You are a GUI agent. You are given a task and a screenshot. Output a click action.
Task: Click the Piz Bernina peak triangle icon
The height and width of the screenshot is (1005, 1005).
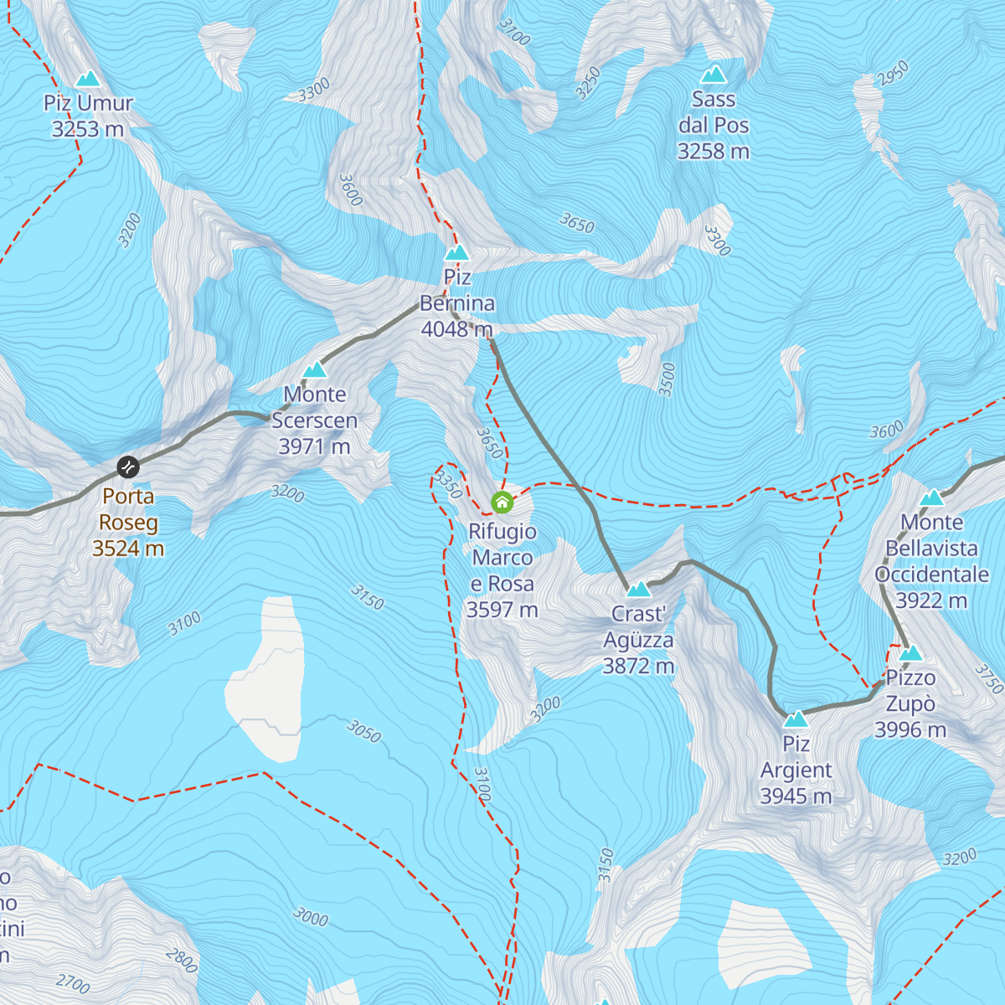[456, 252]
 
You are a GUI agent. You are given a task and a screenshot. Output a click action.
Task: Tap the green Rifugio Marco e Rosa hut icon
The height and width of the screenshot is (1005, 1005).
[502, 502]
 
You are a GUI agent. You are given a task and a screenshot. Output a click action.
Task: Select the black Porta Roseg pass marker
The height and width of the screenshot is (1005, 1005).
[127, 466]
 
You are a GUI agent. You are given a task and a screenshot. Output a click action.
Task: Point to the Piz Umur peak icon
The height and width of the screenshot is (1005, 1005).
[88, 80]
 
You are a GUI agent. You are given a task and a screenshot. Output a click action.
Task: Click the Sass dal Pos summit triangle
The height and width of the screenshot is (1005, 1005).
[714, 75]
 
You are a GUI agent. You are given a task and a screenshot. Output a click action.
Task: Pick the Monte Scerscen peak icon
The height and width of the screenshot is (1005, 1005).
[314, 369]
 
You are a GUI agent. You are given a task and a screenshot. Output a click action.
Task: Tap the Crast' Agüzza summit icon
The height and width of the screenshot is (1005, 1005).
[638, 590]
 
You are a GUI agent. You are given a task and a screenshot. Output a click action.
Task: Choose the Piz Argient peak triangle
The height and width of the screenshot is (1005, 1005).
[796, 719]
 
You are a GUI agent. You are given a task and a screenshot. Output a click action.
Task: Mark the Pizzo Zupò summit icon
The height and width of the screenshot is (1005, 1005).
[910, 653]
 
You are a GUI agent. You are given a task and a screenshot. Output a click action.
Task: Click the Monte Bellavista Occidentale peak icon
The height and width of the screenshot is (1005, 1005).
[931, 498]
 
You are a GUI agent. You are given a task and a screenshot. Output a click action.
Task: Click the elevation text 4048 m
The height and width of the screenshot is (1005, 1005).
[456, 329]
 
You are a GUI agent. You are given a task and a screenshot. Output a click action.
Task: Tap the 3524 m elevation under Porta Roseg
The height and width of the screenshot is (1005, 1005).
[128, 549]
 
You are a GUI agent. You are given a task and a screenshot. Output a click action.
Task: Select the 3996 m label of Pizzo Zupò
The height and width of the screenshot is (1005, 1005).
[910, 729]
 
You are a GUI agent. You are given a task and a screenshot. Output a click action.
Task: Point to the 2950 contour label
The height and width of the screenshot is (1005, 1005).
[893, 73]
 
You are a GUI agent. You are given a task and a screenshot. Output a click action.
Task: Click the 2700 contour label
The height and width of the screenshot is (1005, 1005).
[73, 982]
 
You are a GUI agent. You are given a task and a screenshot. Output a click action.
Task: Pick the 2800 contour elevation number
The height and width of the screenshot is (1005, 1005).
[182, 960]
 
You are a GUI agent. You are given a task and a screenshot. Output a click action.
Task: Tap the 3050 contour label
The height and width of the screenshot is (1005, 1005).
[363, 731]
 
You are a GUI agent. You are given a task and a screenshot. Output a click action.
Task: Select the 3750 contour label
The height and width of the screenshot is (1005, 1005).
[989, 678]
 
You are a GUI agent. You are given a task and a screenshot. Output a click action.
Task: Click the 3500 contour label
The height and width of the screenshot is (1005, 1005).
[667, 379]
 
